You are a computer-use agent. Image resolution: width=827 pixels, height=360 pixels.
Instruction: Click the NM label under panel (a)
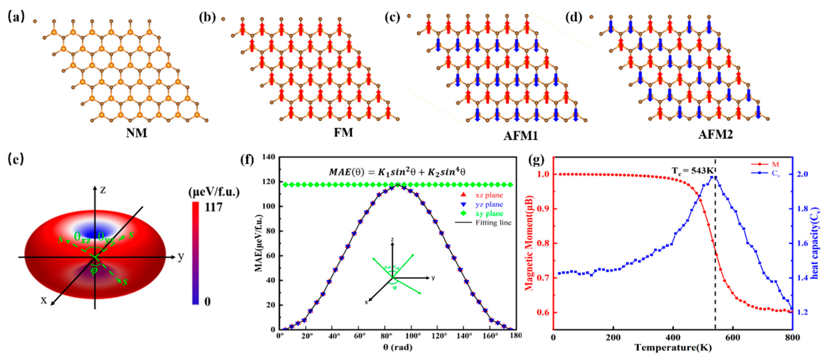[x=136, y=133]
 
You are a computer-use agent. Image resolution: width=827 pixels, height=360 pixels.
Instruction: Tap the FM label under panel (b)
[x=343, y=132]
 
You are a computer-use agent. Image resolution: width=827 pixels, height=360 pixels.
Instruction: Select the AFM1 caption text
[x=520, y=136]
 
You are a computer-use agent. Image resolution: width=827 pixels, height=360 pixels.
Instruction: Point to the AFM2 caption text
[x=715, y=134]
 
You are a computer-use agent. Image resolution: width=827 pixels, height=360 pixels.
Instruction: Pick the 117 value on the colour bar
[x=214, y=207]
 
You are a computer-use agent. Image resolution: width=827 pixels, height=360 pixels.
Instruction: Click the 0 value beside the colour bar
[x=208, y=301]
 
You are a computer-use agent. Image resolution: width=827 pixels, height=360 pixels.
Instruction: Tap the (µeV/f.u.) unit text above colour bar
[x=214, y=192]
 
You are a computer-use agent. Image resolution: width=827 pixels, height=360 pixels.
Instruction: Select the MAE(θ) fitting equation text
[x=397, y=172]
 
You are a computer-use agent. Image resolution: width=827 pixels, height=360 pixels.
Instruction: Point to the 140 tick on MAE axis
[x=269, y=157]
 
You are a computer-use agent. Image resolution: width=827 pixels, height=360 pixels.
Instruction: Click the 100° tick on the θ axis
[x=413, y=336]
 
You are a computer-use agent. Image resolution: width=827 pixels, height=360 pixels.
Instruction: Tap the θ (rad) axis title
[x=398, y=347]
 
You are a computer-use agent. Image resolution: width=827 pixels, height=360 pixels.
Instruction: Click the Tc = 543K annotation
[x=692, y=171]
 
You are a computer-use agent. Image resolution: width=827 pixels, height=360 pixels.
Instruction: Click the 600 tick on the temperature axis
[x=733, y=338]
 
